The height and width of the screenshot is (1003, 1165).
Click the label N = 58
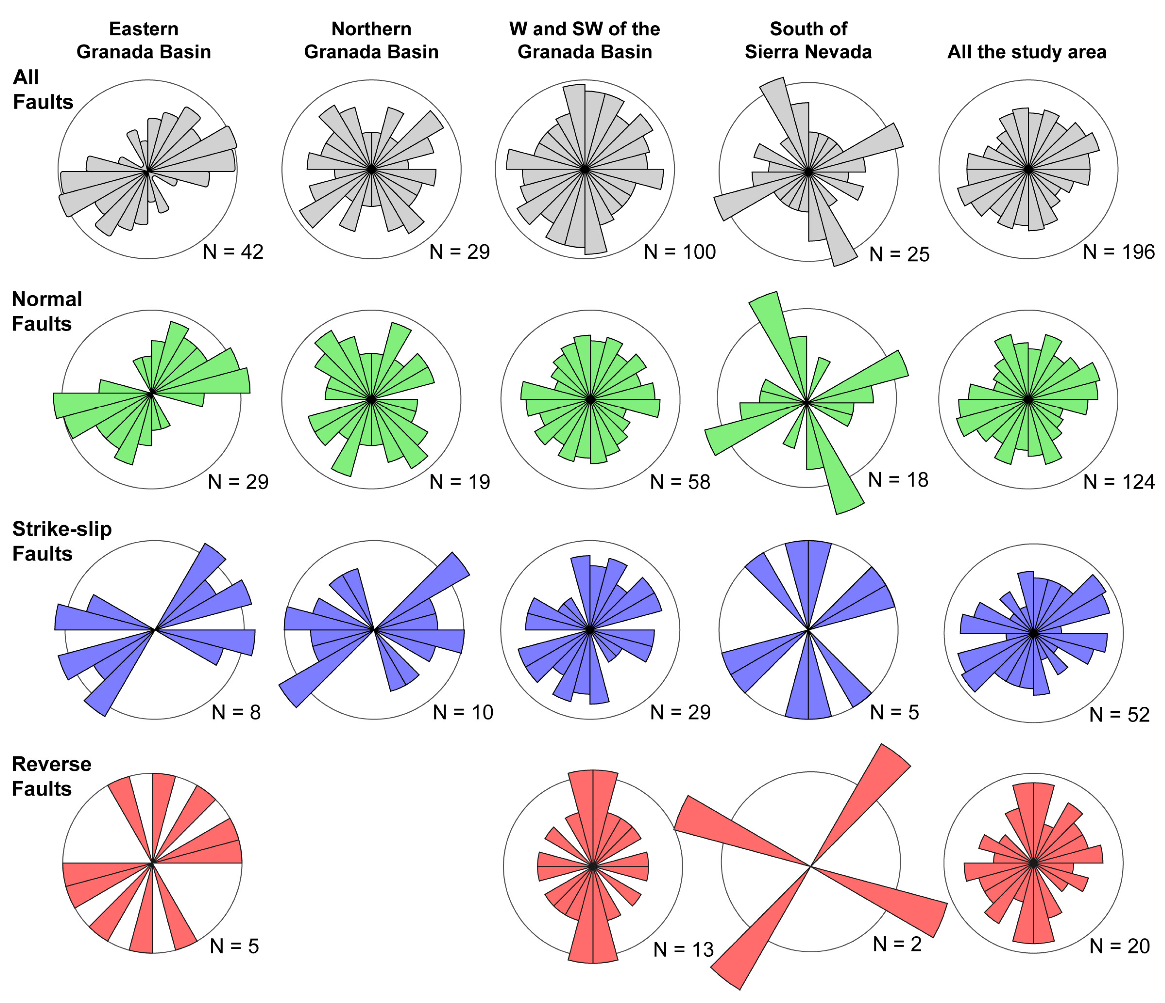point(680,482)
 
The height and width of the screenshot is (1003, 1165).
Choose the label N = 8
point(236,712)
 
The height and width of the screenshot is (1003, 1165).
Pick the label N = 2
point(897,944)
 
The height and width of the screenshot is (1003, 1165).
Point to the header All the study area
point(1027,52)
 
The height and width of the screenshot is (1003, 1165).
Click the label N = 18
point(898,479)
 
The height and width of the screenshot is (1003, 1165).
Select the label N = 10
point(463,712)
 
